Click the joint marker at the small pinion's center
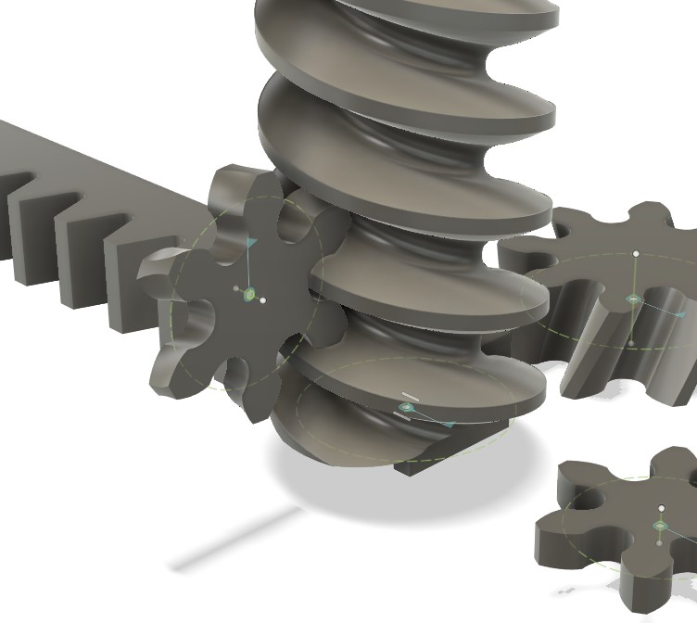[248, 295]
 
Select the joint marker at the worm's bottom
[405, 408]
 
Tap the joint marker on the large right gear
[632, 299]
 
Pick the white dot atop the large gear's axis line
[636, 253]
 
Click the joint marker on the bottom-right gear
[660, 527]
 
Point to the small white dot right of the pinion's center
[263, 300]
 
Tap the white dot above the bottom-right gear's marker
[663, 508]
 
